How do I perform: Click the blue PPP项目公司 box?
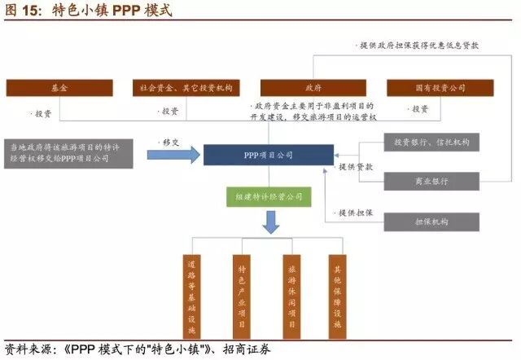[268, 154]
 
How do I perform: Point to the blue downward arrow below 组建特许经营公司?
[269, 222]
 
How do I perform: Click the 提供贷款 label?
[356, 166]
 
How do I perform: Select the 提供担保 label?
[356, 213]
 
